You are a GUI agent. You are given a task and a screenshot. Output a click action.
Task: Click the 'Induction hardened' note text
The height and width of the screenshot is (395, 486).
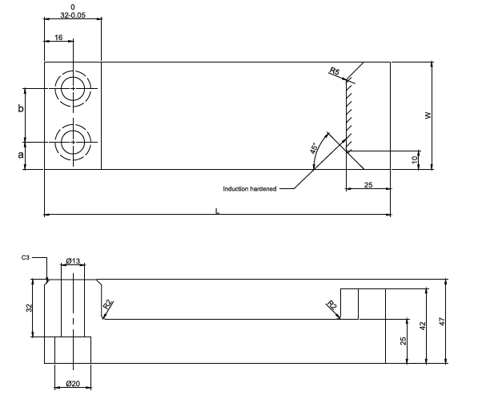[x=250, y=189]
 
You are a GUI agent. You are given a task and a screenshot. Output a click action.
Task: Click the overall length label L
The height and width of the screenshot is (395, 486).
[x=217, y=210]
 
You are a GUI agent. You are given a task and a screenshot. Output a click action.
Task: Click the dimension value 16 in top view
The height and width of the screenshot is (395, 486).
[x=58, y=38]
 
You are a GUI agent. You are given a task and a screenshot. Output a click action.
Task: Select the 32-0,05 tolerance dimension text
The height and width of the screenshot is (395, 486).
[x=73, y=15]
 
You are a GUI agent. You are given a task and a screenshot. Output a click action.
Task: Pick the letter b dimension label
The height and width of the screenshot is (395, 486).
[x=22, y=107]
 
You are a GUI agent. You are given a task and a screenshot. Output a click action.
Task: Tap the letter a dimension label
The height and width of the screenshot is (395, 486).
[x=22, y=155]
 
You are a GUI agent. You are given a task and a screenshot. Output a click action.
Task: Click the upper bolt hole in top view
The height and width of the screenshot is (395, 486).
[x=72, y=88]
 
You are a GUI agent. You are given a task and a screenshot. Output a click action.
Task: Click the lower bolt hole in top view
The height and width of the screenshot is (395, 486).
[x=72, y=142]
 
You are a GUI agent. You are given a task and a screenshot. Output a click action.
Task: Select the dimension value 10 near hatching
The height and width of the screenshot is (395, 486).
[x=415, y=159]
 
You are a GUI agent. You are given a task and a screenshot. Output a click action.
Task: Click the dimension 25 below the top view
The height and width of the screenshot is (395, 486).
[x=368, y=185]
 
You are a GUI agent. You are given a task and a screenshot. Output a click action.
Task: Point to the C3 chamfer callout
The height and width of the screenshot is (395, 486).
[x=26, y=259]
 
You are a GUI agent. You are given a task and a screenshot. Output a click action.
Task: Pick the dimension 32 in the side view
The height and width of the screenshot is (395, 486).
[x=29, y=308]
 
